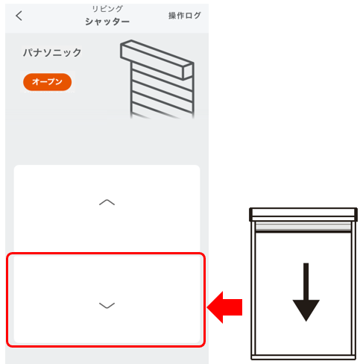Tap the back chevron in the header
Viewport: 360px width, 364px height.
(19, 16)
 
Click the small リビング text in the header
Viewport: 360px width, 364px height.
(107, 9)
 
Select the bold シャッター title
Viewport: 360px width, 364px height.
(107, 22)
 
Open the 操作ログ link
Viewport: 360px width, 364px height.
(184, 16)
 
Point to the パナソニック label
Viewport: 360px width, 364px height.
(52, 53)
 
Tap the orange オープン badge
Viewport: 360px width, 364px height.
(47, 82)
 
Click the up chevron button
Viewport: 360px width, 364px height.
(107, 202)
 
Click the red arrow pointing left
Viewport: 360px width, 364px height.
(224, 307)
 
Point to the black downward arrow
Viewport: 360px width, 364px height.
(306, 292)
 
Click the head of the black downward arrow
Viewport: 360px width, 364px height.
(306, 310)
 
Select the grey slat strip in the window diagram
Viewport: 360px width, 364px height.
(303, 227)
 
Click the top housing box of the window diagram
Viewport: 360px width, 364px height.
(303, 214)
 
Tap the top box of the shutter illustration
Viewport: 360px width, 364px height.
(157, 60)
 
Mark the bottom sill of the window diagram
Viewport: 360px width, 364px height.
(303, 357)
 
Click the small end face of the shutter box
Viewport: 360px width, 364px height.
(188, 72)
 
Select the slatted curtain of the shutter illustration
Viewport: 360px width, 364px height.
(162, 94)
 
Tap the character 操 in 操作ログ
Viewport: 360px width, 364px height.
(172, 16)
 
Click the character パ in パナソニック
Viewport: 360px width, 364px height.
(28, 53)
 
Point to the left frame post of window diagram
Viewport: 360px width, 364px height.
(253, 288)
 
